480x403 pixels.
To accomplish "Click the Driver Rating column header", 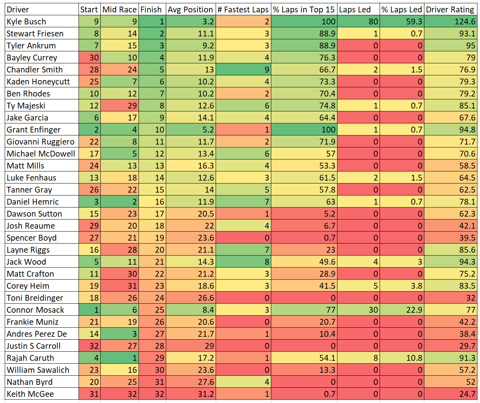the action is click(x=450, y=9).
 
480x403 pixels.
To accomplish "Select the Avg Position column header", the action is click(x=190, y=10).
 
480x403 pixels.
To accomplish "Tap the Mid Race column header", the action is click(x=120, y=9).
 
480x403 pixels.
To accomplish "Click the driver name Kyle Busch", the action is click(x=27, y=21).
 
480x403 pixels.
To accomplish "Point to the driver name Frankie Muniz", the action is click(x=32, y=322).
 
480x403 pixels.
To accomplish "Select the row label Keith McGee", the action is click(x=30, y=394).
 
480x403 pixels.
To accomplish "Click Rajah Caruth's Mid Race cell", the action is click(x=120, y=358).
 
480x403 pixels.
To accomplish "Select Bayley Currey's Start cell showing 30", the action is click(x=90, y=58).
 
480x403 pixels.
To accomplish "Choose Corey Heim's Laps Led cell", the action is click(x=359, y=286).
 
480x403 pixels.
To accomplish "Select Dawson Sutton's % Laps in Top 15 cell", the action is click(x=304, y=214).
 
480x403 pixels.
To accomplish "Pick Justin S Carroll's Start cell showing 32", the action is click(x=90, y=346).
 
